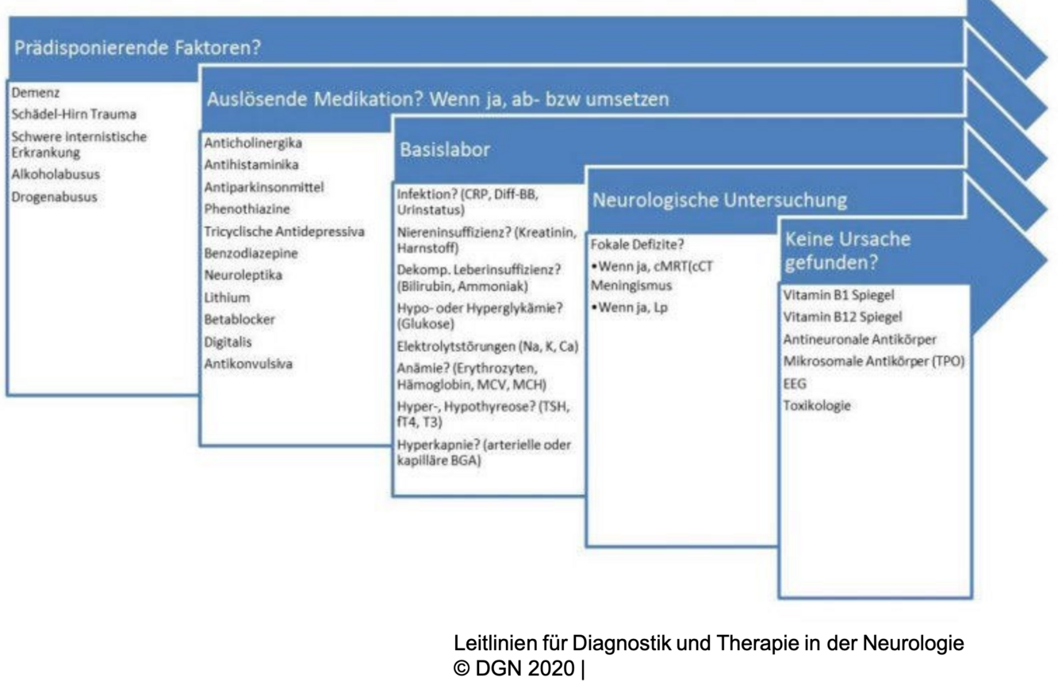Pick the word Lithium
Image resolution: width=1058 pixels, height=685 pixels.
click(x=227, y=298)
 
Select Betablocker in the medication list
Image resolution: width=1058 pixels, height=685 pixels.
click(x=237, y=320)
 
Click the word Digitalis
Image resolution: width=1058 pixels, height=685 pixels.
click(x=231, y=342)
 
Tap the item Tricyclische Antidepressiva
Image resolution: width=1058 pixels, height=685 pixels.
click(x=284, y=232)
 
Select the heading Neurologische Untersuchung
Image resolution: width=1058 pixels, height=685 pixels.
click(x=719, y=201)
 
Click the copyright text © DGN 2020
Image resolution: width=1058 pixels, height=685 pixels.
click(x=516, y=668)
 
